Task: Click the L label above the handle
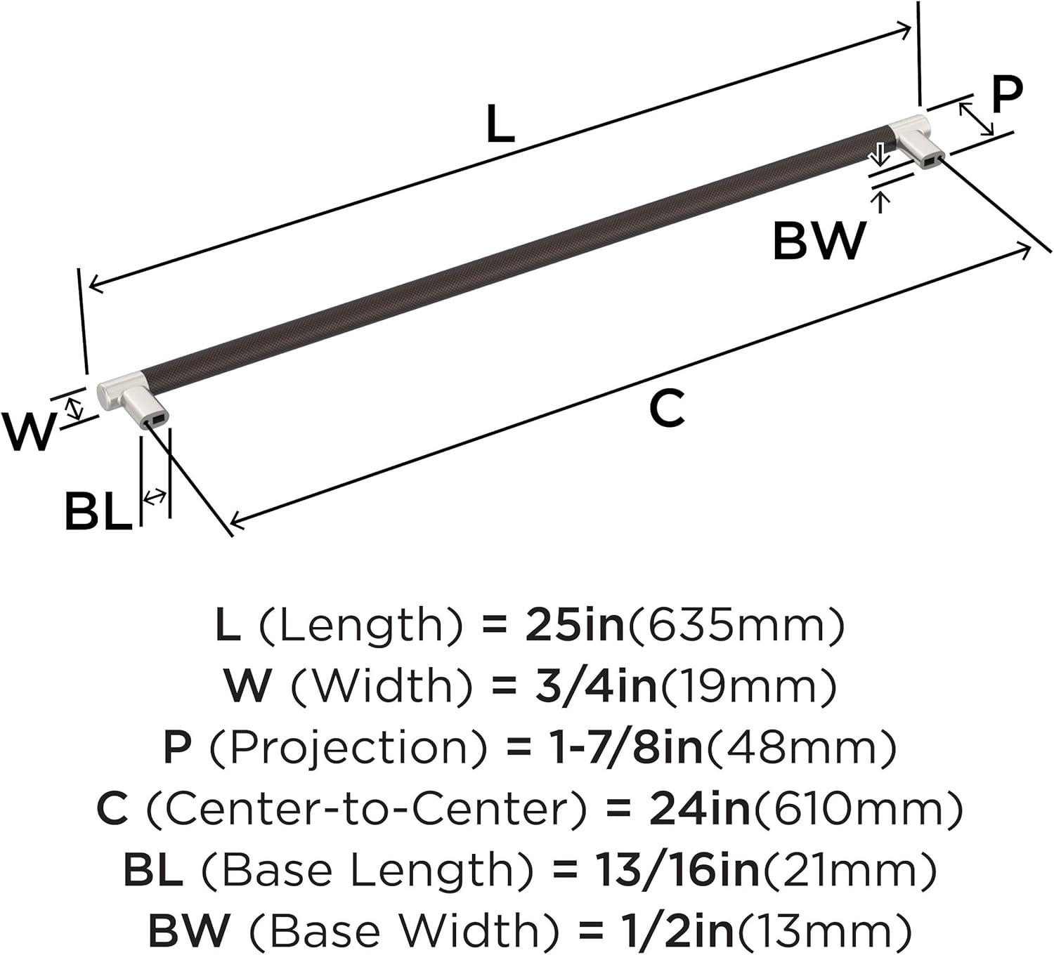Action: point(500,124)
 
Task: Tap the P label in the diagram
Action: point(1007,95)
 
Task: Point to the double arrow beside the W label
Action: point(76,408)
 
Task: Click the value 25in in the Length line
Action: point(574,624)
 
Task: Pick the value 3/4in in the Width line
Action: point(597,685)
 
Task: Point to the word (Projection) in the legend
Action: point(348,746)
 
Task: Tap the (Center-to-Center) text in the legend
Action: point(365,807)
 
